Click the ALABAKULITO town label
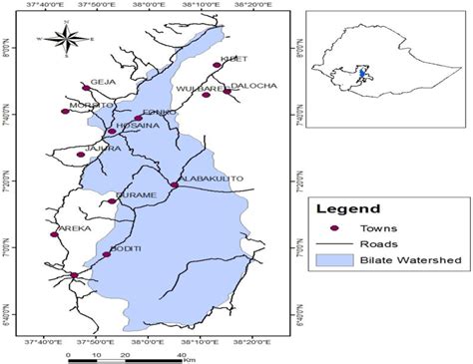211,178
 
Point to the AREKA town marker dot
54,234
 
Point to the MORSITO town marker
66,111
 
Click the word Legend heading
347,209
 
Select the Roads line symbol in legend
334,243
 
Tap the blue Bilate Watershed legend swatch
334,259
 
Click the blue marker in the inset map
360,74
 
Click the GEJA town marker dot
87,88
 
